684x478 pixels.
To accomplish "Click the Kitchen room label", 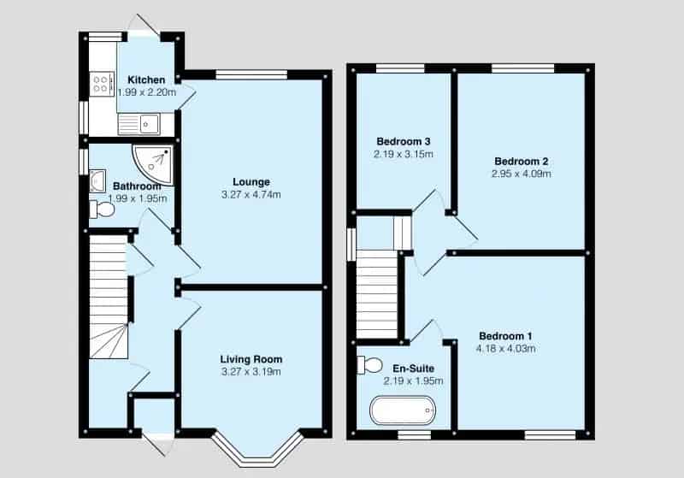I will [146, 80].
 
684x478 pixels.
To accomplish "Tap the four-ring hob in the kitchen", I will [101, 84].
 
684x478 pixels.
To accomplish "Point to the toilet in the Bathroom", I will [102, 209].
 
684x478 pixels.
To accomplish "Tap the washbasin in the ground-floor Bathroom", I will [96, 180].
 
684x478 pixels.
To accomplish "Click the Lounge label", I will [251, 181].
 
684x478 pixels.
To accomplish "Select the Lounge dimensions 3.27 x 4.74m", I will [251, 194].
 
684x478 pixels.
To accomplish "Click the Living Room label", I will [251, 359].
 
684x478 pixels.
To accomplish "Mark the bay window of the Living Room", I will [257, 450].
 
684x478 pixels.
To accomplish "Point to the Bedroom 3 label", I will [403, 141].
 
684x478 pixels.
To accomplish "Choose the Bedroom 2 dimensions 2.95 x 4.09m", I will [521, 174].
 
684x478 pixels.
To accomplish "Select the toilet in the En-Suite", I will [369, 365].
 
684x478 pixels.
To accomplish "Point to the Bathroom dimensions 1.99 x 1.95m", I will [139, 198].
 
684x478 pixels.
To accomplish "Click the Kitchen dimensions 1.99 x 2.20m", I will [146, 91].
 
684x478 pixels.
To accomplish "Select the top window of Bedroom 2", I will [522, 68].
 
